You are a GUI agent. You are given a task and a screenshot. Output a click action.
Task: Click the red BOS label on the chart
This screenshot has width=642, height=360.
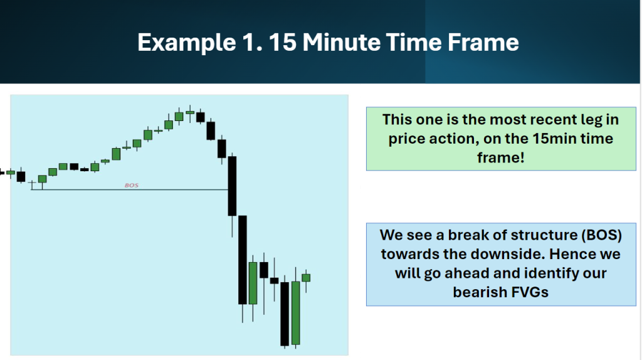pyautogui.click(x=132, y=185)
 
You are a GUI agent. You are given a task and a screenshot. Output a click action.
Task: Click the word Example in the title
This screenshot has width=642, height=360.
pyautogui.click(x=186, y=43)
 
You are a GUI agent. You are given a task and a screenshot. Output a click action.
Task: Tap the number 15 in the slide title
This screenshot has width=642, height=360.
pyautogui.click(x=283, y=42)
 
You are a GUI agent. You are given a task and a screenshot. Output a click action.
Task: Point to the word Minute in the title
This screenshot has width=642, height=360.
pyautogui.click(x=342, y=42)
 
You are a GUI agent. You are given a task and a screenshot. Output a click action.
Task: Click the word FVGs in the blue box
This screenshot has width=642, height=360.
pyautogui.click(x=528, y=292)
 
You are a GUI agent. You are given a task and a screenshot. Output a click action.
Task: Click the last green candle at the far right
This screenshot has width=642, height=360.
pyautogui.click(x=306, y=278)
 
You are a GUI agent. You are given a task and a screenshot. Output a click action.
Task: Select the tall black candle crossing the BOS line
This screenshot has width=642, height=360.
pyautogui.click(x=232, y=186)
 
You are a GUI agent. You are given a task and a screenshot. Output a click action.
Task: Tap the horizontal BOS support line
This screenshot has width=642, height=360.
pyautogui.click(x=129, y=189)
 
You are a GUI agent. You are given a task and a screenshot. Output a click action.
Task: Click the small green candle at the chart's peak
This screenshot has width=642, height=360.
pyautogui.click(x=190, y=112)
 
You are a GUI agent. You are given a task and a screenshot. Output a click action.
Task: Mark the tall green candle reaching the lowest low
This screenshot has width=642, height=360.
pyautogui.click(x=296, y=313)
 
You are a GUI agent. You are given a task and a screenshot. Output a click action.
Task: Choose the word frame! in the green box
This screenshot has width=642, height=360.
pyautogui.click(x=501, y=157)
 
